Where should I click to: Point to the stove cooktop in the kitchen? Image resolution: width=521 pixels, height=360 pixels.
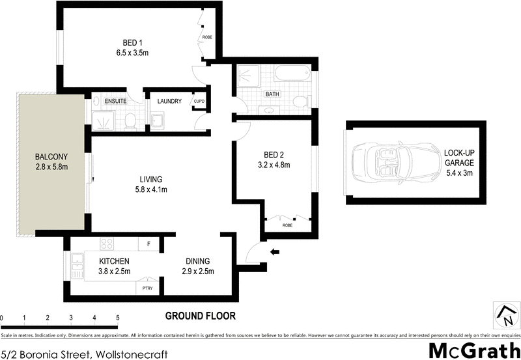[107, 245]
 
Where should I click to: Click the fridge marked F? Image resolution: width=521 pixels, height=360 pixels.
[148, 245]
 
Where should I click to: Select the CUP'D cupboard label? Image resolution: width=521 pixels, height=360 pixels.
[199, 102]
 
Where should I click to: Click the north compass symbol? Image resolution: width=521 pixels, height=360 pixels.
[506, 314]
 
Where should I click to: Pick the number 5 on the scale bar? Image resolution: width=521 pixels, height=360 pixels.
[118, 318]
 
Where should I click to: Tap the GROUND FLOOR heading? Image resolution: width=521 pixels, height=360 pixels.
[200, 316]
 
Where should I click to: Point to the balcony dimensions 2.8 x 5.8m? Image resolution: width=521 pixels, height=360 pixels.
[51, 167]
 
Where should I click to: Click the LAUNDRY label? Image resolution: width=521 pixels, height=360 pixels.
[169, 101]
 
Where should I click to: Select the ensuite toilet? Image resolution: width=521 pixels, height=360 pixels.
[129, 120]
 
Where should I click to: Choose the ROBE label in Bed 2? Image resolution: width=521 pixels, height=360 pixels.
[287, 225]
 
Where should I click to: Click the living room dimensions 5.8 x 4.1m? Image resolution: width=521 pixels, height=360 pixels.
[150, 190]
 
